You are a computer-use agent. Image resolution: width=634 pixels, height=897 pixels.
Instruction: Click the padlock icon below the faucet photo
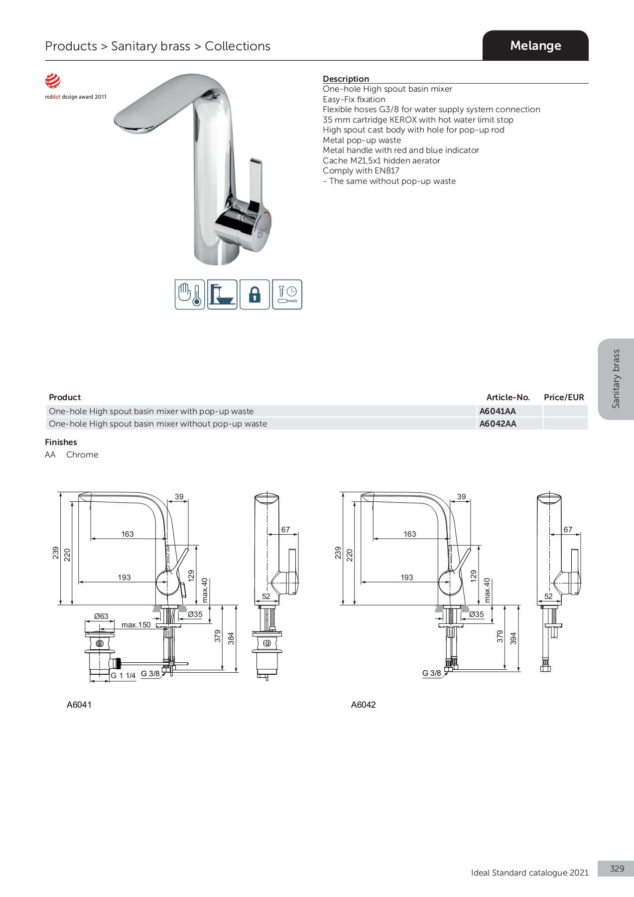[254, 295]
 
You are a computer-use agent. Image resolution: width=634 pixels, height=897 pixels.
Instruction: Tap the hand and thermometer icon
[190, 295]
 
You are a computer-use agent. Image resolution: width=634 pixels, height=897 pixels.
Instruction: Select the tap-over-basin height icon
[222, 295]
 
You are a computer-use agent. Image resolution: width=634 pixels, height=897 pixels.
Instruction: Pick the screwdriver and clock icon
[287, 295]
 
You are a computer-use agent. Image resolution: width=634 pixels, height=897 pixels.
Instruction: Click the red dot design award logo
[53, 81]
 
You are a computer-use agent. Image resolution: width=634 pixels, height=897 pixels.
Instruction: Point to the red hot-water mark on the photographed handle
[267, 214]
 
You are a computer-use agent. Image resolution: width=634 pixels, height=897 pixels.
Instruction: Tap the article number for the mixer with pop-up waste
[498, 411]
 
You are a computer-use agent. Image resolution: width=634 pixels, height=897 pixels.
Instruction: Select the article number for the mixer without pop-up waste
[498, 424]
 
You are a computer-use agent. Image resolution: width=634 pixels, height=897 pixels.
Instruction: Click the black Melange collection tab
[535, 45]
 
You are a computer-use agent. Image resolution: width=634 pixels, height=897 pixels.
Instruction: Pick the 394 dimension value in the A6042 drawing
[513, 638]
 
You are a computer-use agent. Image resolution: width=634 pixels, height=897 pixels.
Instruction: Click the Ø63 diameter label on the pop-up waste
[101, 616]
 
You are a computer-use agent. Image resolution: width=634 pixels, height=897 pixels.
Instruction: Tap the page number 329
[617, 869]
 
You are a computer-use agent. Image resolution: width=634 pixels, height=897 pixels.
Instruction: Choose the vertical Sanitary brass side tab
[616, 379]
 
